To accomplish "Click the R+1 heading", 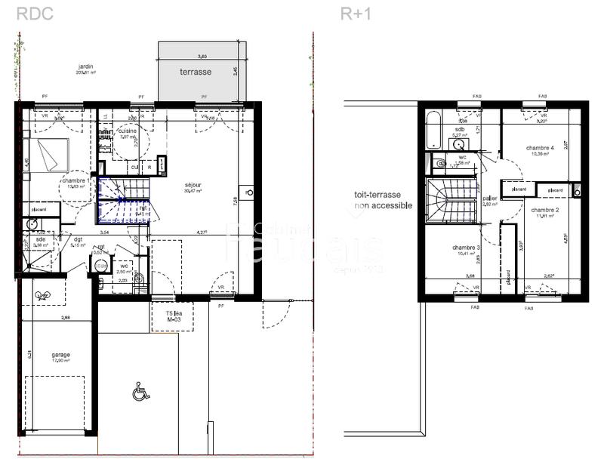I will coord(356,13).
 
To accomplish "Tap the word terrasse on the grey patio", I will coord(195,72).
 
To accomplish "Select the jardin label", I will coord(85,67).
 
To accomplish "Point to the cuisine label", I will coord(127,131).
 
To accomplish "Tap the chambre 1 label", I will coord(73,181).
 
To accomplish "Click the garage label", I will coord(60,354).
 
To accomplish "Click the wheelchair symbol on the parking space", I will coord(139,392).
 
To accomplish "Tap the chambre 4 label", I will coord(541,148).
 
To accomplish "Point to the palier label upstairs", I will coord(489,199).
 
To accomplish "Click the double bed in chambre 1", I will coord(48,155).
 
